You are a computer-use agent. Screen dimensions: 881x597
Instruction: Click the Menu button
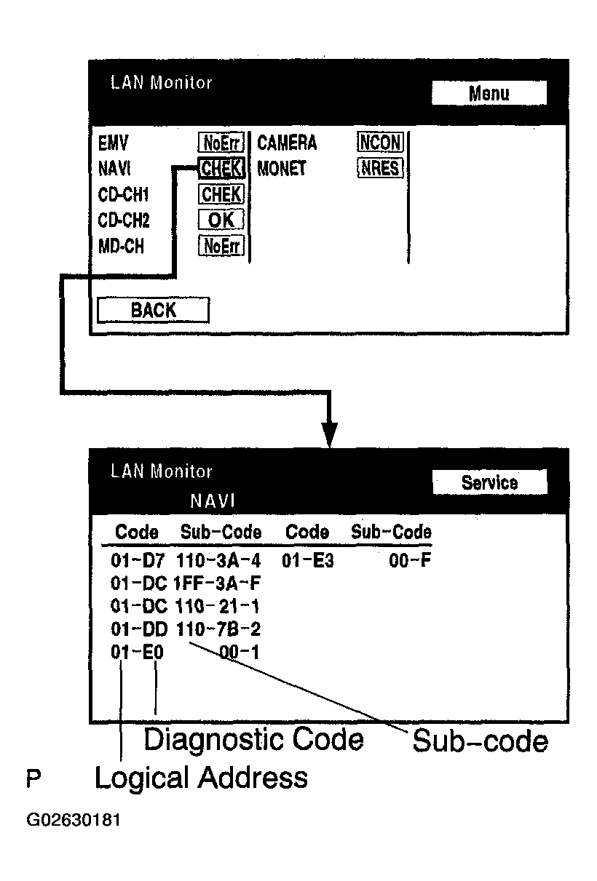(x=489, y=93)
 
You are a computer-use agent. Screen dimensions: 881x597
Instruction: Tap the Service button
(x=489, y=483)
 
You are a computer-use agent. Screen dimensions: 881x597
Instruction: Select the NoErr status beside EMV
(x=221, y=143)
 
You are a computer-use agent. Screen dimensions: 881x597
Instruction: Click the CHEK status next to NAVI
(x=221, y=169)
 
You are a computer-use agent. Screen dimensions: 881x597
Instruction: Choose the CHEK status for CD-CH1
(x=221, y=194)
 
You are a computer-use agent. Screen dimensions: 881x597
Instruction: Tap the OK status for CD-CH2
(x=221, y=220)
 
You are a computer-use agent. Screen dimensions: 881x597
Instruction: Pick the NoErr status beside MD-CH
(x=221, y=246)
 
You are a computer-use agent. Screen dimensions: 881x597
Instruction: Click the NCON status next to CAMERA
(x=379, y=143)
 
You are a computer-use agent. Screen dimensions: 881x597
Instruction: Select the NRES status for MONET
(x=379, y=169)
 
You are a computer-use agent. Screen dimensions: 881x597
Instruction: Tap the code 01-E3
(x=308, y=561)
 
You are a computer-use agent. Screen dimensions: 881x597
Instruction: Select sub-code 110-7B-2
(x=218, y=629)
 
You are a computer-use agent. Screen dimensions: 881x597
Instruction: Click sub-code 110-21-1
(x=218, y=606)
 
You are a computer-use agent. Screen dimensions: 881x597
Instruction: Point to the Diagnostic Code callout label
(x=253, y=740)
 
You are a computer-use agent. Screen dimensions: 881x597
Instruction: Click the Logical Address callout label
(x=201, y=778)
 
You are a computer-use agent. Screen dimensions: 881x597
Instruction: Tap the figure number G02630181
(x=74, y=821)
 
